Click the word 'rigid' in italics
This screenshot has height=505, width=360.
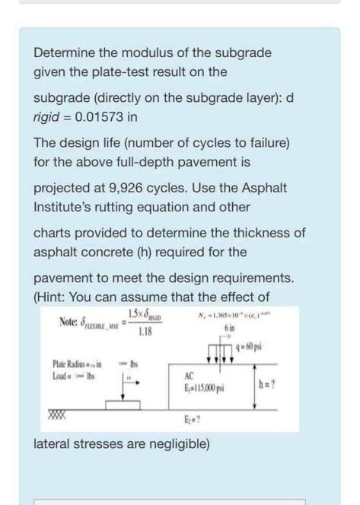pos(46,118)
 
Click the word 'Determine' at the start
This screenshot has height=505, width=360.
pos(63,54)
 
